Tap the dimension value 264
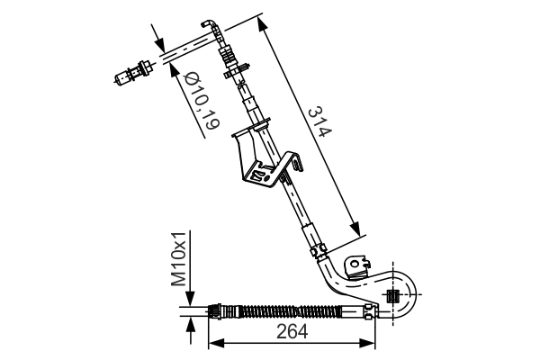[292, 331]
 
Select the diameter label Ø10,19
[200, 104]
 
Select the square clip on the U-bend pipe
[391, 295]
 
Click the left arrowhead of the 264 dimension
[214, 343]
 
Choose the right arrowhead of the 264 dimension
[371, 343]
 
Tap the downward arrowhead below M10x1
[190, 301]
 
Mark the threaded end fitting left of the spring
[216, 312]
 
